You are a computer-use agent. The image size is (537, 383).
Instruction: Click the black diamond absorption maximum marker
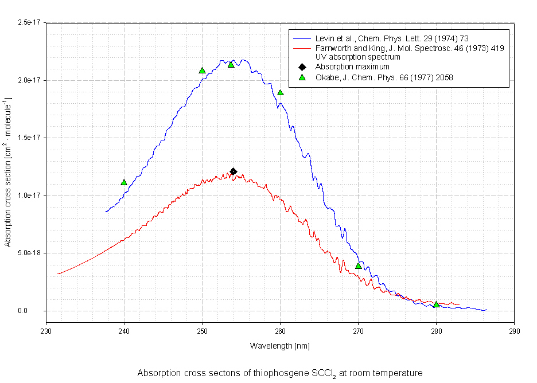pyautogui.click(x=234, y=171)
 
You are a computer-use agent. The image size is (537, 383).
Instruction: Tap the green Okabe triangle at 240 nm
pyautogui.click(x=124, y=182)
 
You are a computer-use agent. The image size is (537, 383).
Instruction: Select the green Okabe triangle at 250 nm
pyautogui.click(x=202, y=71)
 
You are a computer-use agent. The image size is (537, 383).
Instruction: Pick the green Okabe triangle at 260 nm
pyautogui.click(x=281, y=92)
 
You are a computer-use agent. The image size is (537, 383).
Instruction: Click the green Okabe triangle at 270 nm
pyautogui.click(x=359, y=265)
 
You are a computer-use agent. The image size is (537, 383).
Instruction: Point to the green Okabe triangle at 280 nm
pyautogui.click(x=437, y=304)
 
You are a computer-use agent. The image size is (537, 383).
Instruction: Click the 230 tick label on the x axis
pyautogui.click(x=46, y=331)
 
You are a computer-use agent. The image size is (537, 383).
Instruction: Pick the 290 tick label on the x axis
pyautogui.click(x=515, y=331)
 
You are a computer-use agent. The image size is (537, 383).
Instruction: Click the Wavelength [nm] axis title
pyautogui.click(x=279, y=346)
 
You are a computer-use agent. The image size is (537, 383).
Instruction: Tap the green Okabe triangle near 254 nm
pyautogui.click(x=231, y=64)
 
